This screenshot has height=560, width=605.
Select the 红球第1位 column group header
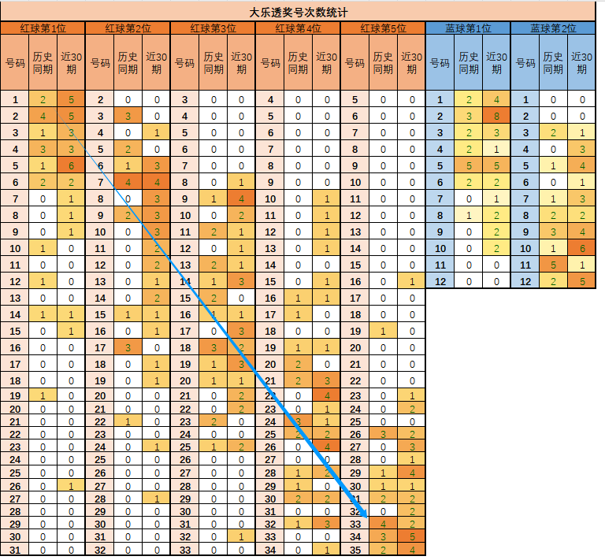[x=43, y=28]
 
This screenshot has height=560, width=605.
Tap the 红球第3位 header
[x=213, y=28]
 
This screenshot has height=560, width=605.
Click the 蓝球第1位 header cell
[x=468, y=28]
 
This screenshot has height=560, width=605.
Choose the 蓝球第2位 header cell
[x=553, y=28]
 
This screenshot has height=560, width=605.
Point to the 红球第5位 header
[x=383, y=28]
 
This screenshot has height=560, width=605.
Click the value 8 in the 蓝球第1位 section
[x=496, y=117]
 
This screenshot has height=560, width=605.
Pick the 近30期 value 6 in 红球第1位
[x=72, y=166]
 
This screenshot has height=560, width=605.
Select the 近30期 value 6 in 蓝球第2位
[x=582, y=249]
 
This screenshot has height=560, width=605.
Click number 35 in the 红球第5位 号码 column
[x=355, y=550]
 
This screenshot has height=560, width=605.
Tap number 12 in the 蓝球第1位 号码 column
[x=440, y=282]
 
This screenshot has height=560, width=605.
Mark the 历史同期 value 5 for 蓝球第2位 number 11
[x=554, y=265]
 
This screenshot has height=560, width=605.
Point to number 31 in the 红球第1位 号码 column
[x=14, y=550]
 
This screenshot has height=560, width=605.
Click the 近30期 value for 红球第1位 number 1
[x=72, y=100]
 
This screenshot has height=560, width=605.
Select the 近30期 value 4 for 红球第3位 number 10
[x=242, y=199]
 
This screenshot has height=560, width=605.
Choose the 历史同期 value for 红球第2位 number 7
[x=128, y=183]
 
